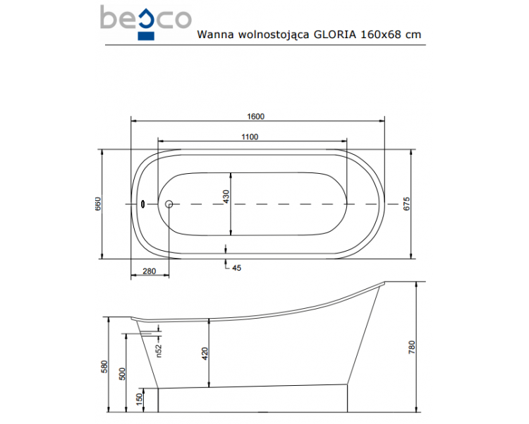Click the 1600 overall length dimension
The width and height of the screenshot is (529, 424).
255,117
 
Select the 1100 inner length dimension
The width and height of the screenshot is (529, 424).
250,137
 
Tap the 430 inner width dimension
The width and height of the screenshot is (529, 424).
226,196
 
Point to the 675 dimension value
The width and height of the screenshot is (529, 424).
406,204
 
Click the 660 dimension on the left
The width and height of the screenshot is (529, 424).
98,204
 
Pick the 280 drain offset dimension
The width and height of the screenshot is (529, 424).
149,271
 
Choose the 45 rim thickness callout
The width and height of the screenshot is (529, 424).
237,268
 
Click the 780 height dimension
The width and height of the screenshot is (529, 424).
412,347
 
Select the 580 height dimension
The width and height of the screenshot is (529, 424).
104,367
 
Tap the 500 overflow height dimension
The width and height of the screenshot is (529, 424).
122,374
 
